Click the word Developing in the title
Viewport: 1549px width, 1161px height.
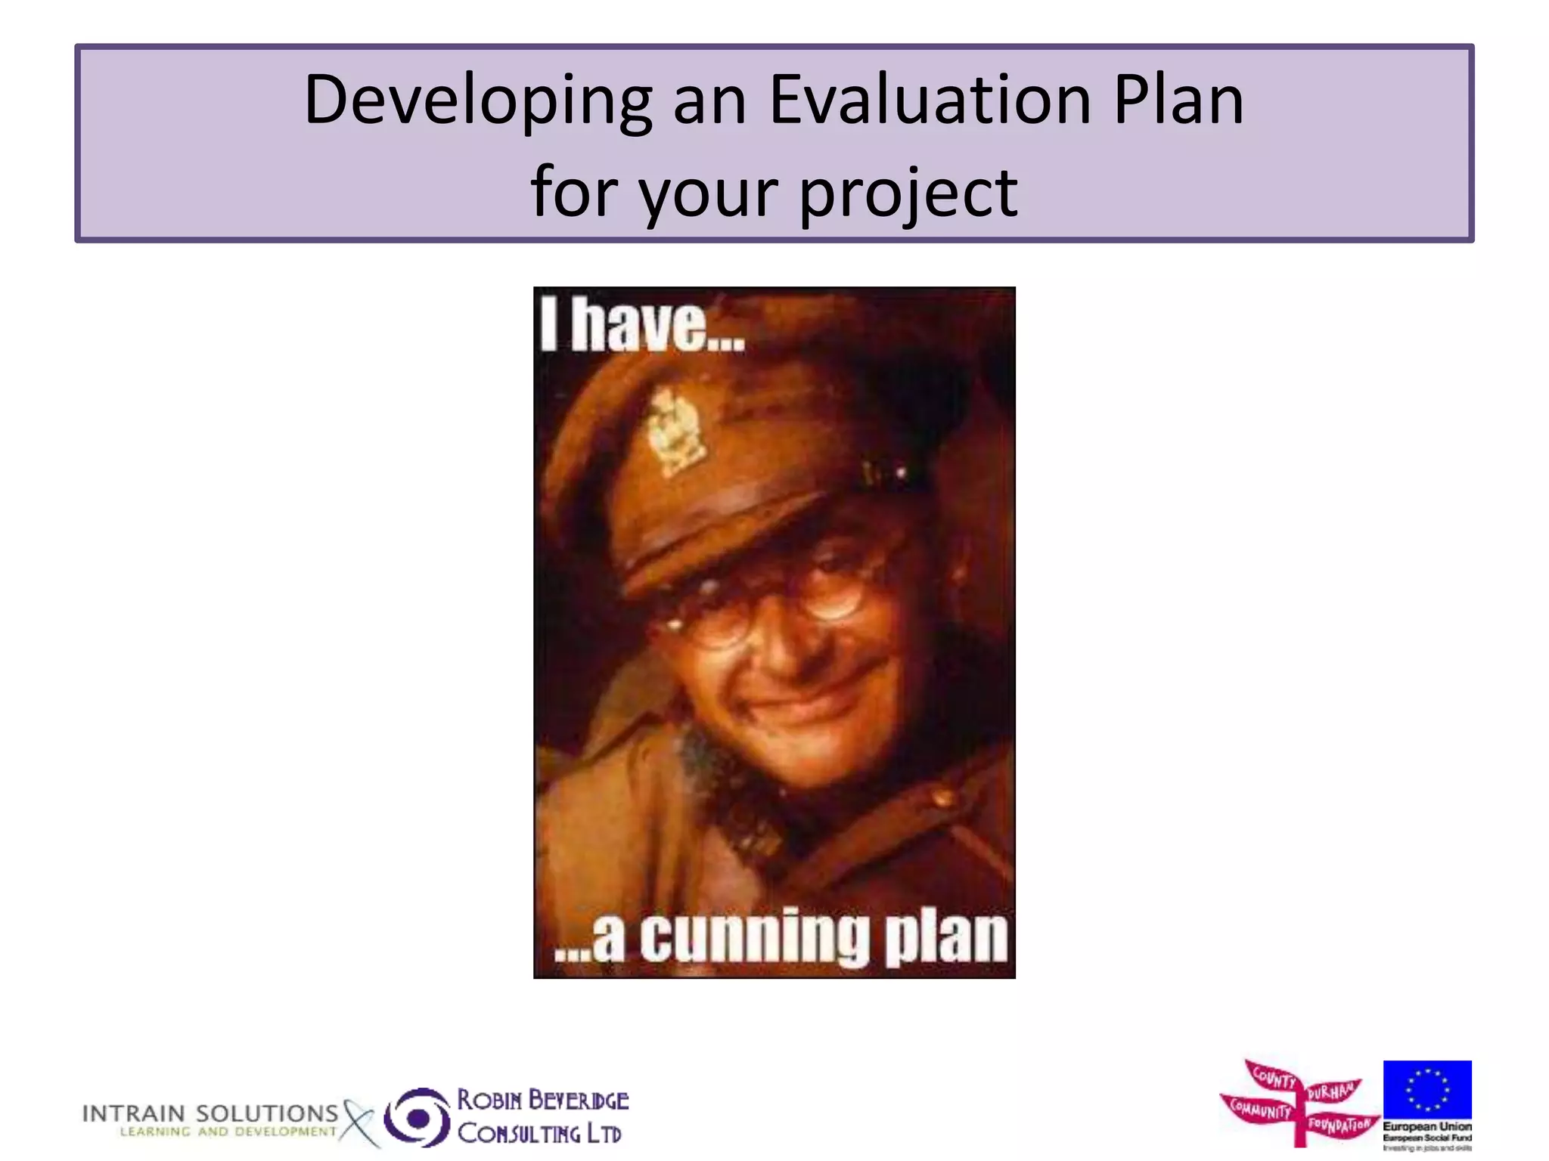coord(477,101)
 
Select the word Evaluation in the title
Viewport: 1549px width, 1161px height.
coord(930,101)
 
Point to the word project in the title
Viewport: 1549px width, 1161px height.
coord(908,193)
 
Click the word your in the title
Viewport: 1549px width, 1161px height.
coord(708,193)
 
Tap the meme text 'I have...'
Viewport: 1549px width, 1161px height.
coord(642,325)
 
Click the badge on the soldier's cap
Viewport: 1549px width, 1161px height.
coord(675,431)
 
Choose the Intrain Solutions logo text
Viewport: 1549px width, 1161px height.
coord(210,1113)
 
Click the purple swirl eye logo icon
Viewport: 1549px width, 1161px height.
coord(417,1117)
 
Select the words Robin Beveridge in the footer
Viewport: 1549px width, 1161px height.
coord(542,1100)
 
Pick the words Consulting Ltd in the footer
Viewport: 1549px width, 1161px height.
coord(539,1133)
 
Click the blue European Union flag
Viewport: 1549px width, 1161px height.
coord(1426,1089)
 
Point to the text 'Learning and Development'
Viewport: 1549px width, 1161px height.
coord(228,1132)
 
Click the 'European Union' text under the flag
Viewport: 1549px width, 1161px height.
coord(1426,1126)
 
